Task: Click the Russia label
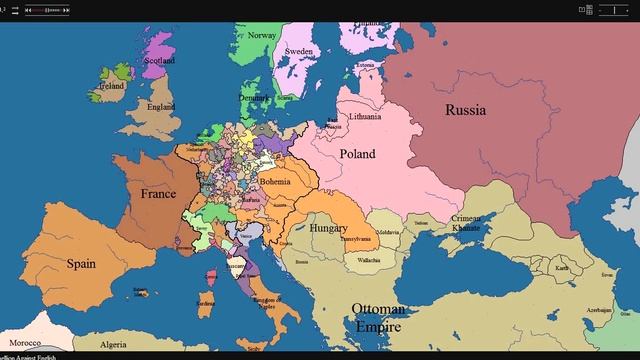click(x=465, y=110)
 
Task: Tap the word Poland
click(x=357, y=154)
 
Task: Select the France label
click(x=158, y=194)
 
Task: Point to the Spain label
click(x=81, y=264)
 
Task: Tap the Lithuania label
click(x=364, y=117)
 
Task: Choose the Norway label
click(x=262, y=36)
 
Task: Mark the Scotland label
click(x=160, y=60)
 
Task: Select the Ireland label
click(x=110, y=86)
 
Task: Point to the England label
click(x=161, y=107)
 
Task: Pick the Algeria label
click(x=114, y=344)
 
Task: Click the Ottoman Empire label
click(x=378, y=318)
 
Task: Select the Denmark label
click(x=255, y=98)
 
